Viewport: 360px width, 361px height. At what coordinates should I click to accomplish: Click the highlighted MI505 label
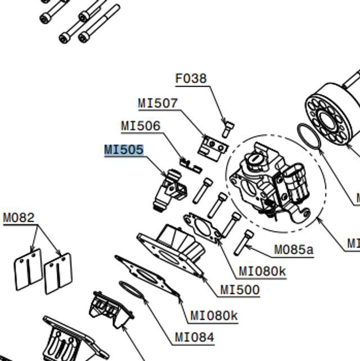124,150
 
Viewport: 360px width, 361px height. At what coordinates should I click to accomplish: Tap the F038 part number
191,79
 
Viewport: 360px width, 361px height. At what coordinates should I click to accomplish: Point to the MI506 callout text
141,127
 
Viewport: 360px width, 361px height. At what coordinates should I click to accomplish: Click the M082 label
19,218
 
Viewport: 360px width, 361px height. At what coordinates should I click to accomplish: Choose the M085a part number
294,249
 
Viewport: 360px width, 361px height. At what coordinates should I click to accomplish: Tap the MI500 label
240,290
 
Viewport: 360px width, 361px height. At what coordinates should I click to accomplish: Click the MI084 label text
194,337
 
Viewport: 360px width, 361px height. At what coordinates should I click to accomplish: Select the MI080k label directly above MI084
214,315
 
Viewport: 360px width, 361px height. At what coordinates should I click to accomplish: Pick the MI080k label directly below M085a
262,272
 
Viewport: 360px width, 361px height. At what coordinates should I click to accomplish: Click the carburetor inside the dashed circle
270,183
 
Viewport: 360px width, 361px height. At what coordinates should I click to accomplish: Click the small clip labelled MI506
190,165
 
